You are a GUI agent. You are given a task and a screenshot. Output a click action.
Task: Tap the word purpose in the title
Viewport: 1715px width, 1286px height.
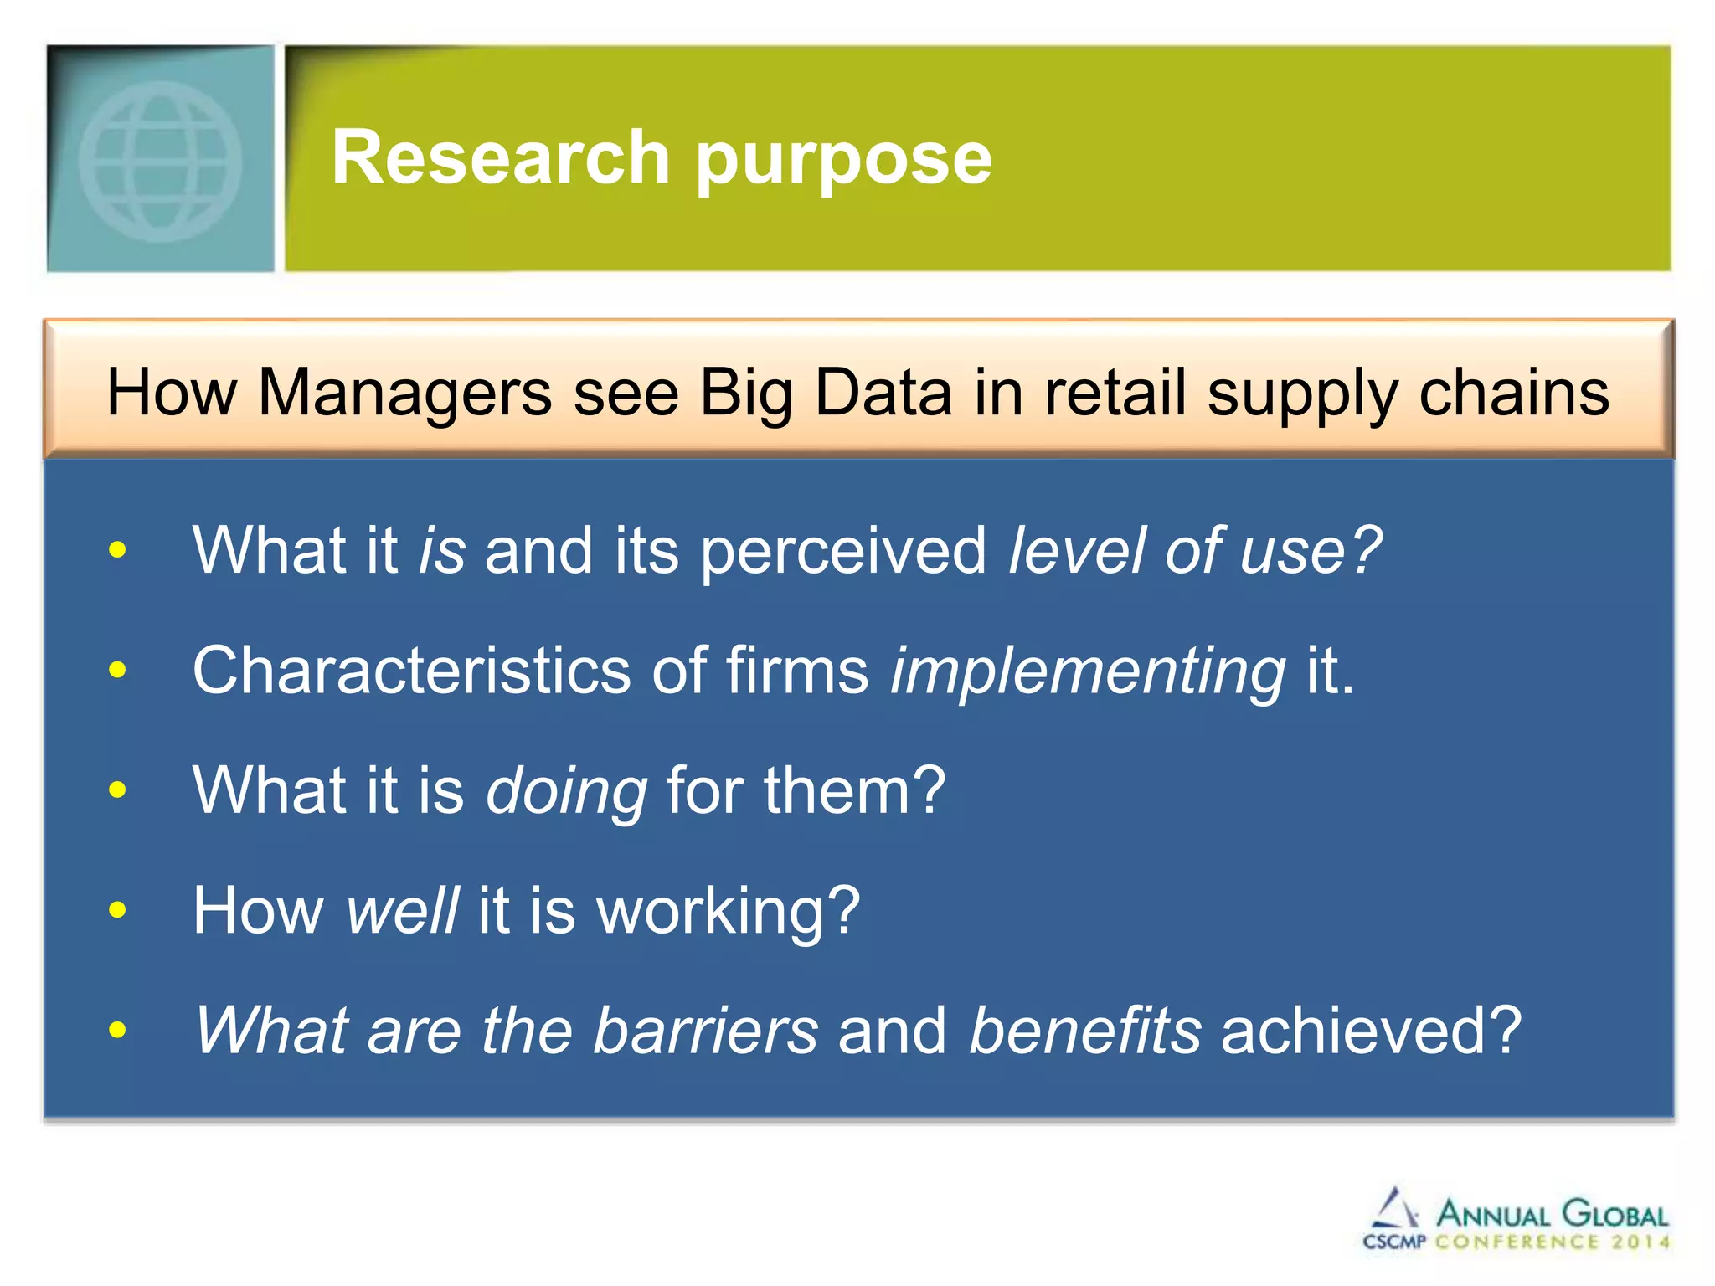coord(843,161)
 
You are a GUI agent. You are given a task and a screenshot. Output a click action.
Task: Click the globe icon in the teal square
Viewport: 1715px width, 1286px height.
coord(160,161)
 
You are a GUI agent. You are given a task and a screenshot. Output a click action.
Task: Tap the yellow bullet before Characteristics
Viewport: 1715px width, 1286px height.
coord(117,670)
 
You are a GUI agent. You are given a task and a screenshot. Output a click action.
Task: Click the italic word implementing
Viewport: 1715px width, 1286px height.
coord(1087,671)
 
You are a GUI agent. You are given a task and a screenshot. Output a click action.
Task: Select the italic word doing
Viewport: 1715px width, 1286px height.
coord(566,791)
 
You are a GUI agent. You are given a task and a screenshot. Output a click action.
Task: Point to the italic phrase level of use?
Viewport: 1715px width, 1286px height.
coord(1195,551)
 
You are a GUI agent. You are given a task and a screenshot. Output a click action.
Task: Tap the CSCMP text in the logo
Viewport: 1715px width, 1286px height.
coord(1393,1242)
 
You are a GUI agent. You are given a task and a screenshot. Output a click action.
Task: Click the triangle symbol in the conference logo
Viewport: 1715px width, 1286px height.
coord(1393,1209)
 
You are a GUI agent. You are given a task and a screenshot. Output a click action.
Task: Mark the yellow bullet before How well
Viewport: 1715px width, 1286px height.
coord(117,909)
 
